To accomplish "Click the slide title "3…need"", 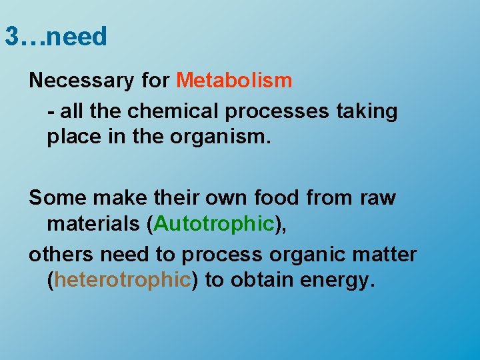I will click(55, 37).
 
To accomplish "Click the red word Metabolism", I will click(234, 81).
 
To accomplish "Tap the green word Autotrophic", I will click(214, 224).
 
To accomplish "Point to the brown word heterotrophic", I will click(123, 279).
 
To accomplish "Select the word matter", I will click(387, 254).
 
